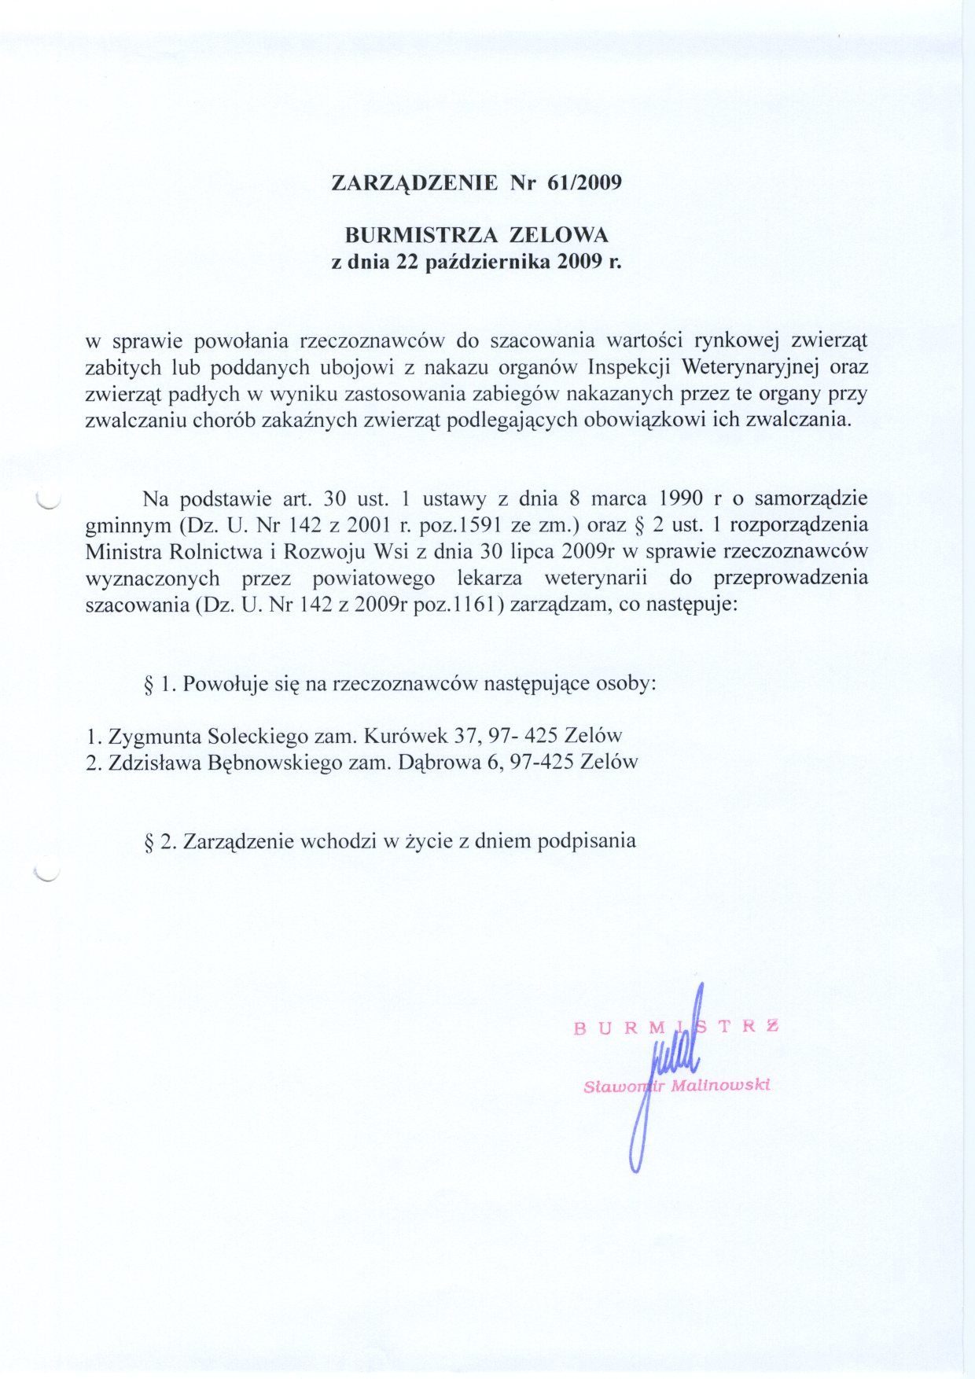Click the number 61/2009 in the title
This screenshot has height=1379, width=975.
[x=584, y=183]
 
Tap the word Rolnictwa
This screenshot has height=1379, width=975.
[x=197, y=551]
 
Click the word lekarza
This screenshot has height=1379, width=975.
[x=490, y=578]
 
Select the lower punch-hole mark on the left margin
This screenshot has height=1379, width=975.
[x=48, y=872]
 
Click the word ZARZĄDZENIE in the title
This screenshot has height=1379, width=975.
[x=414, y=183]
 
